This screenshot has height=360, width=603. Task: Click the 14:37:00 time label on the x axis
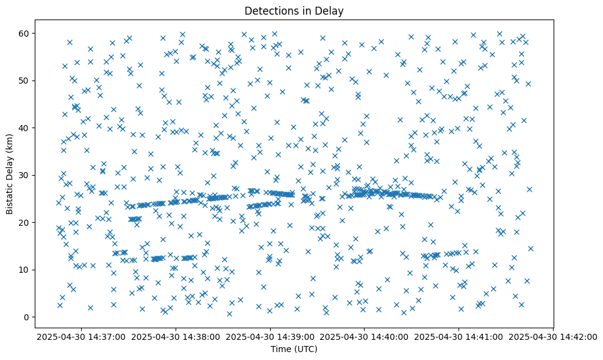(82, 336)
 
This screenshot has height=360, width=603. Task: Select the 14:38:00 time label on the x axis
(176, 336)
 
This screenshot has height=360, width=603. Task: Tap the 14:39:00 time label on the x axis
(270, 336)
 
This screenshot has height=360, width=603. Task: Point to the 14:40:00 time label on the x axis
(365, 336)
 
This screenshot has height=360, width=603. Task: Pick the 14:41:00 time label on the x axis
(458, 336)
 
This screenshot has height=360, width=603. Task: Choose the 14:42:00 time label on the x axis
(553, 336)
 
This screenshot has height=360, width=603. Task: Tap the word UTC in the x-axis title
(307, 350)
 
